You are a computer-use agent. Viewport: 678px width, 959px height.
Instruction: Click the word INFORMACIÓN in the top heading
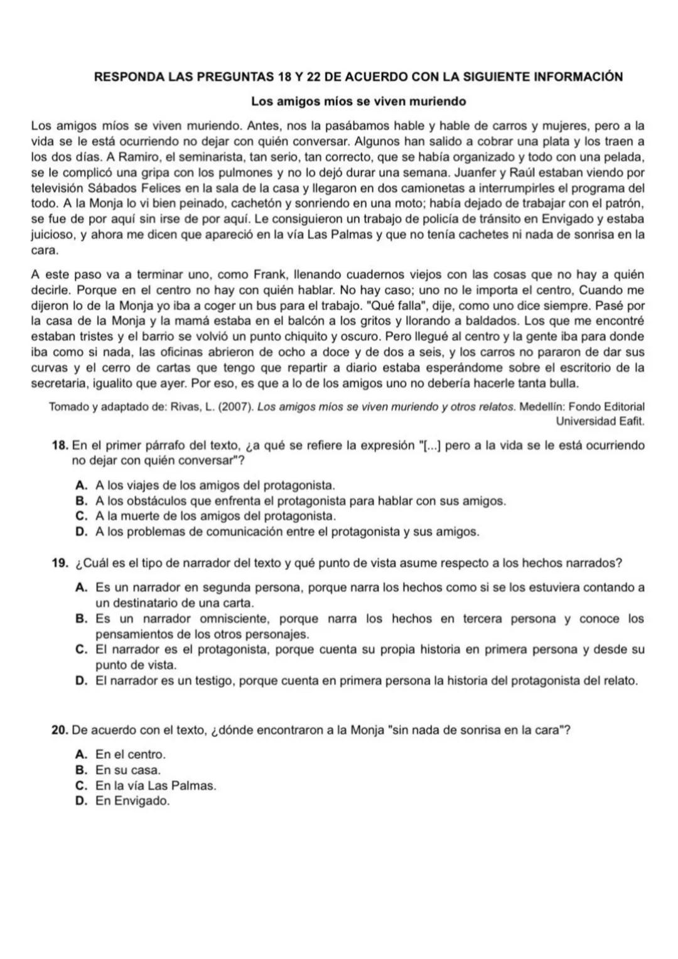click(x=578, y=77)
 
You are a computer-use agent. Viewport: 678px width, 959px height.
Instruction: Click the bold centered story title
click(x=358, y=101)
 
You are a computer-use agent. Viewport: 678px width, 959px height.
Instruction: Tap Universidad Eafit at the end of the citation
click(x=600, y=421)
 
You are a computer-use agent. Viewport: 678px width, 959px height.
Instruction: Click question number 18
click(x=60, y=446)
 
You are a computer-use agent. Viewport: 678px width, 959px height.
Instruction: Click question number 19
click(x=60, y=563)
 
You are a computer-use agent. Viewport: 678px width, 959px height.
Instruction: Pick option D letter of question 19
click(x=80, y=681)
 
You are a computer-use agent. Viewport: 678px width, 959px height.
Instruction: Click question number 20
click(x=60, y=730)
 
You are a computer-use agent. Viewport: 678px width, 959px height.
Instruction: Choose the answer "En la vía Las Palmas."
click(x=156, y=786)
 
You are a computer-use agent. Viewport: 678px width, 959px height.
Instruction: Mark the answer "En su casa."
click(x=128, y=770)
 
